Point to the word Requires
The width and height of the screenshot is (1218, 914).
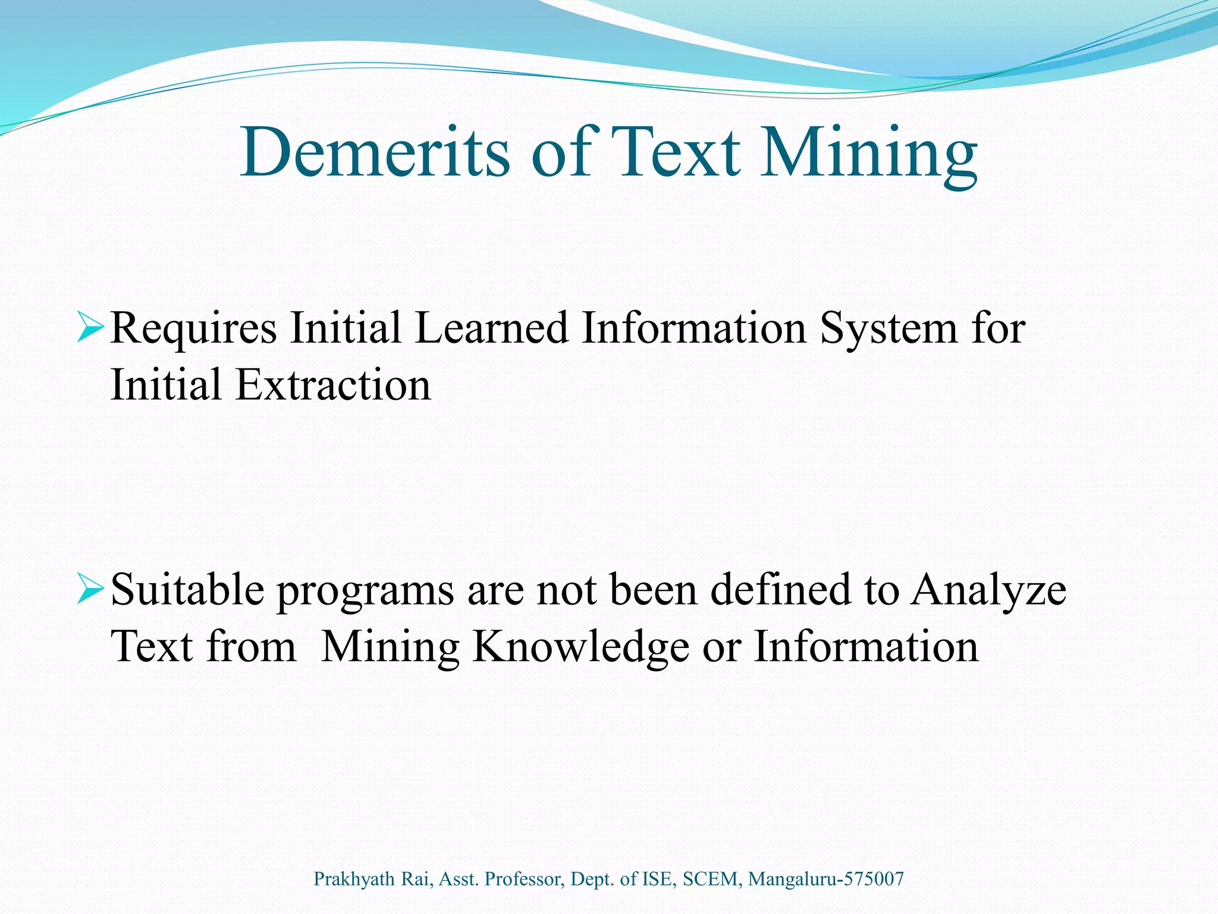click(194, 329)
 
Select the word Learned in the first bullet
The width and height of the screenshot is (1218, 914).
click(491, 328)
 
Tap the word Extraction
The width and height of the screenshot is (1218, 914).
click(333, 385)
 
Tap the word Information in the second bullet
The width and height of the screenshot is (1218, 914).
click(866, 647)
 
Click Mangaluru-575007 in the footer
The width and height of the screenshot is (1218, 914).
click(825, 879)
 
